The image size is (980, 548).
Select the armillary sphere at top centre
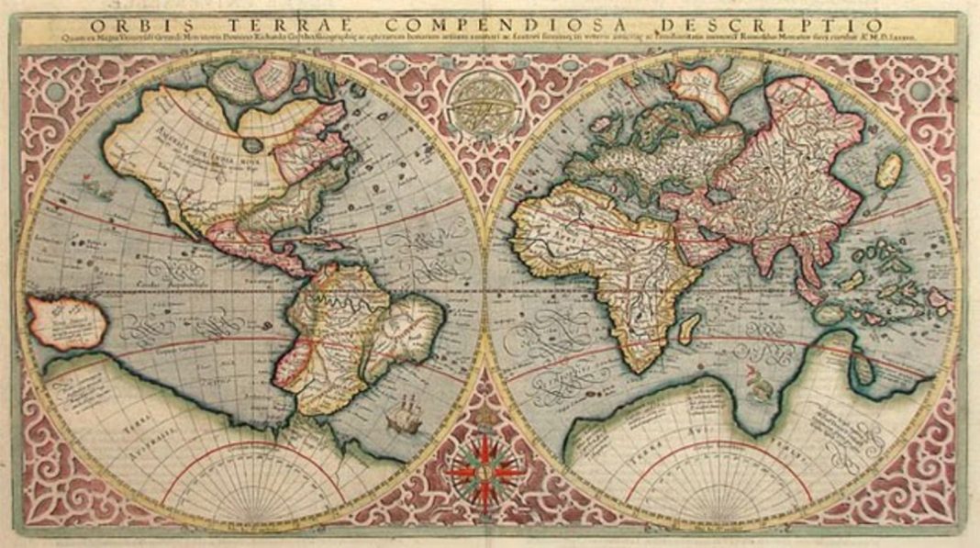[x=484, y=100]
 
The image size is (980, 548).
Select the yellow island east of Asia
[x=888, y=171]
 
